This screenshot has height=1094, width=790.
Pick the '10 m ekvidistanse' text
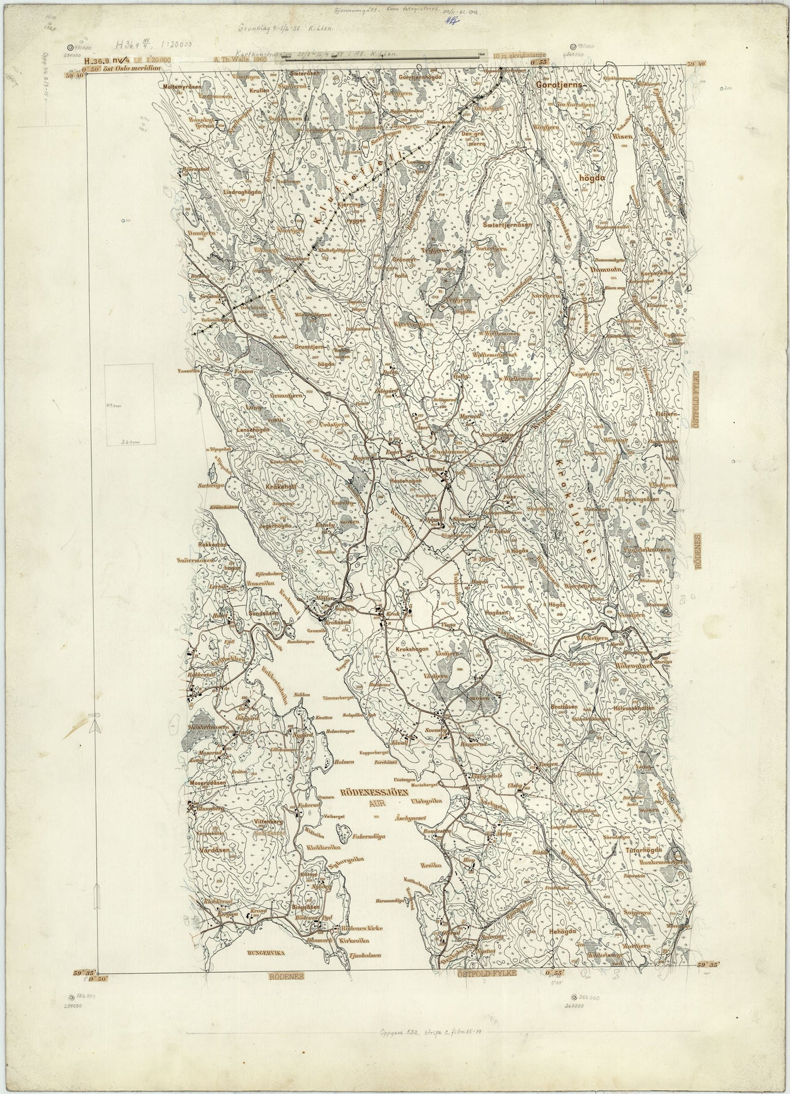(x=522, y=56)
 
